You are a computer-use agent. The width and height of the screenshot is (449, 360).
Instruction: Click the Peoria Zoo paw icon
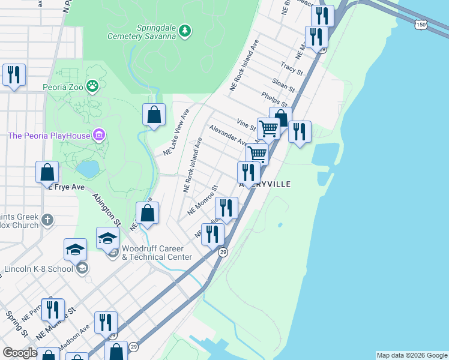point(92,87)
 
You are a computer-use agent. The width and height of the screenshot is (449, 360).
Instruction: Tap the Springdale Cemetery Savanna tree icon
point(185,29)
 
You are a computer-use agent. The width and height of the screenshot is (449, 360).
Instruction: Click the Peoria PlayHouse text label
point(48,136)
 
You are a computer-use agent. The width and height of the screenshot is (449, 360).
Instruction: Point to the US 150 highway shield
point(421,25)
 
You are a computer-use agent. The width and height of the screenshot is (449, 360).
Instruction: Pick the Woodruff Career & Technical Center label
point(157,253)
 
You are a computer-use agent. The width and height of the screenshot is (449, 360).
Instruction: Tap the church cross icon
point(48,219)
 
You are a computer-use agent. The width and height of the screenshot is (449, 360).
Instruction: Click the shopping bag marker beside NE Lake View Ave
point(154,114)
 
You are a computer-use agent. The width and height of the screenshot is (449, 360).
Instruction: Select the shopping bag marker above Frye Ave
point(47,173)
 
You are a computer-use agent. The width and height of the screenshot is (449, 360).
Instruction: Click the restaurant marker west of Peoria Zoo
point(13,75)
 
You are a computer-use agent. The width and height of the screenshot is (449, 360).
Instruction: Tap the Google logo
point(20,353)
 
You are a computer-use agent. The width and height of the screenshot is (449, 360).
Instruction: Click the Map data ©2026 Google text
point(411,355)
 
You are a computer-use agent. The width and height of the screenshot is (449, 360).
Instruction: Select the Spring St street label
point(17,323)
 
